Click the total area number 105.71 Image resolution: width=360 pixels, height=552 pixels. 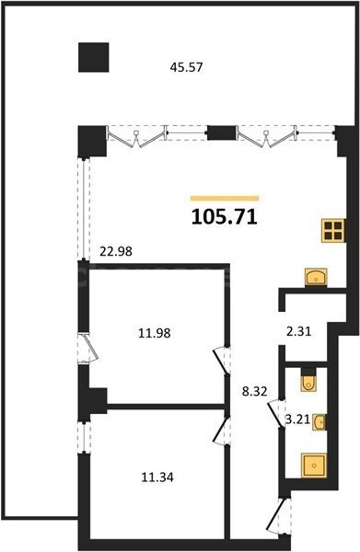click(x=225, y=216)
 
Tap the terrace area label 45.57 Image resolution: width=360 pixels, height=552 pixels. click(x=186, y=67)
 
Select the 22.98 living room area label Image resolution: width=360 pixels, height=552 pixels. click(x=116, y=251)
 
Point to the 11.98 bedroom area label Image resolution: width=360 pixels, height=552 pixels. click(x=155, y=333)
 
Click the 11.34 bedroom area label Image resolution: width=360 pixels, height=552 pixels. click(x=157, y=477)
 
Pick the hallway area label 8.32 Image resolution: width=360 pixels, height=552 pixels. click(x=255, y=391)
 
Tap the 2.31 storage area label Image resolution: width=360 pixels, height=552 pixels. click(x=298, y=331)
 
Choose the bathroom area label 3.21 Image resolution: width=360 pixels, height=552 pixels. click(x=297, y=420)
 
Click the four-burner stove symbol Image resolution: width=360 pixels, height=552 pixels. click(x=333, y=231)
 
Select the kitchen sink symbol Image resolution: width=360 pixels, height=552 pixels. click(x=316, y=277)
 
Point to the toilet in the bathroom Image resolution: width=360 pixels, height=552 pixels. click(x=309, y=380)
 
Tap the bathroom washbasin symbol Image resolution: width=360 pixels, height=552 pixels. click(x=319, y=421)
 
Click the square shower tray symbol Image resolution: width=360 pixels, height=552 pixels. click(x=314, y=466)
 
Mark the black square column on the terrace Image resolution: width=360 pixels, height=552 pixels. click(x=93, y=57)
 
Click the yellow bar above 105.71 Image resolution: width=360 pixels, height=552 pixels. click(x=225, y=199)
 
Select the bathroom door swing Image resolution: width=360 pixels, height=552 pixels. click(x=274, y=413)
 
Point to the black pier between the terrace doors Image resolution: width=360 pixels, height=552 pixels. click(x=222, y=132)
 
